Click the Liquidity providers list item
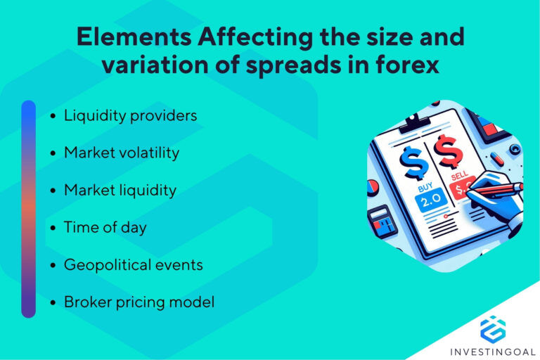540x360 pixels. pyautogui.click(x=130, y=115)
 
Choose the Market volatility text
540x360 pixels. pyautogui.click(x=121, y=153)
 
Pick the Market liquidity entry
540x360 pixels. pyautogui.click(x=120, y=190)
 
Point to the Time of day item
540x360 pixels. pyautogui.click(x=105, y=227)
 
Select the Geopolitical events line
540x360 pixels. pyautogui.click(x=133, y=265)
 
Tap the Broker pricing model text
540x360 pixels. pyautogui.click(x=139, y=302)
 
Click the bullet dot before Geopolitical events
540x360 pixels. pyautogui.click(x=53, y=266)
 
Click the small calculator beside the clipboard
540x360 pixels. pyautogui.click(x=383, y=224)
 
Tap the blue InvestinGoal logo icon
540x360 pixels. pyautogui.click(x=493, y=328)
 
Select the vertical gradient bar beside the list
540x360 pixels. pyautogui.click(x=28, y=209)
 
